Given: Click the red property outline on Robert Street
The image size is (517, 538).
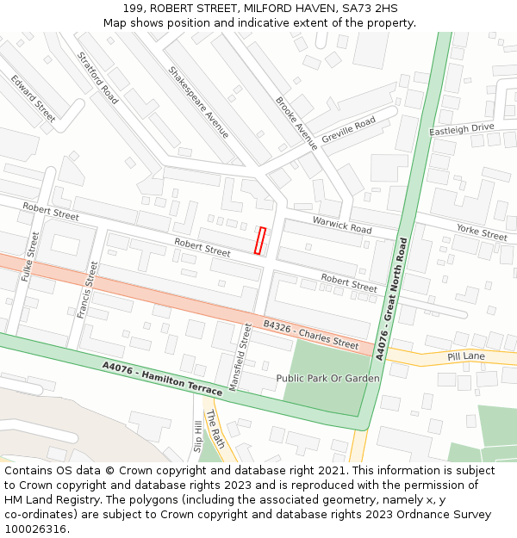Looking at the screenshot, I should (x=259, y=241).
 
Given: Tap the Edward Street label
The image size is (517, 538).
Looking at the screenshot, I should (x=33, y=96).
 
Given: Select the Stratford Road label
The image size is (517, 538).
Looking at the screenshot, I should (x=97, y=77).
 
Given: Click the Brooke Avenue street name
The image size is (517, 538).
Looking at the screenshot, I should (x=296, y=123).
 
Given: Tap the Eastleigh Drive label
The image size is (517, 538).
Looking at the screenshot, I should (x=462, y=128).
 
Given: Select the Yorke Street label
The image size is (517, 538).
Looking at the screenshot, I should (x=482, y=232).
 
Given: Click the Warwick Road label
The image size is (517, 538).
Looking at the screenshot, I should (x=342, y=225).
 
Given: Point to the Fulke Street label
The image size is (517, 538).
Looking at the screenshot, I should (x=29, y=257).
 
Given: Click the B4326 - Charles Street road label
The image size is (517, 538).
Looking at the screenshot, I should (x=311, y=334).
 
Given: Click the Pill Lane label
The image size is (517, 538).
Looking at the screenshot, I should (x=466, y=356).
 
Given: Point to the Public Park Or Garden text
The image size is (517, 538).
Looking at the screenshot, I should (x=327, y=378).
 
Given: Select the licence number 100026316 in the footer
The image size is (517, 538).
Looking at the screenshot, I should (x=34, y=529).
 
